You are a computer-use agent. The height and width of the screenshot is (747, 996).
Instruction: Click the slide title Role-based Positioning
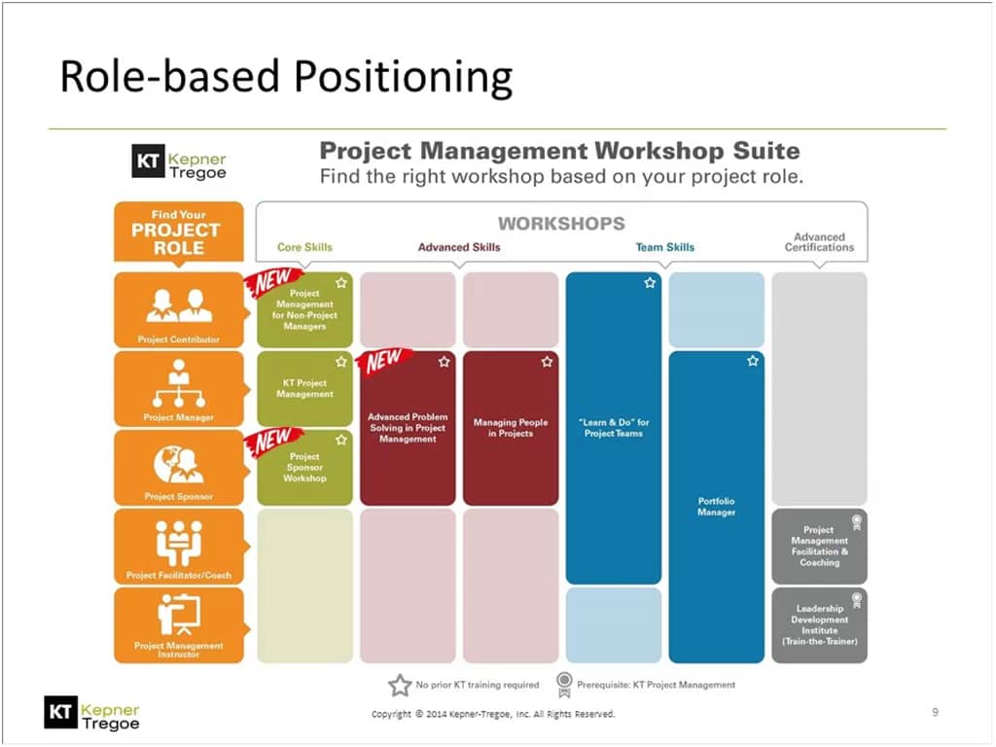pyautogui.click(x=285, y=78)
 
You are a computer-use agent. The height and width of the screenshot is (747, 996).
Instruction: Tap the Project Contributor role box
pyautogui.click(x=179, y=310)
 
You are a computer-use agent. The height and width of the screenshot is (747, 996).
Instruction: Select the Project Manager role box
pyautogui.click(x=179, y=388)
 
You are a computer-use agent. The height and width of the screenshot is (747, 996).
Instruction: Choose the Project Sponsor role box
pyautogui.click(x=179, y=467)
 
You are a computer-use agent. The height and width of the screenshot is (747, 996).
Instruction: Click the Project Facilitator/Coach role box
pyautogui.click(x=179, y=546)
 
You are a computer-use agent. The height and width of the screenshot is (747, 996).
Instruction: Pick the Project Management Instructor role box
pyautogui.click(x=179, y=624)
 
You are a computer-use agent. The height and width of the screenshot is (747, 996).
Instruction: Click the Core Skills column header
pyautogui.click(x=304, y=247)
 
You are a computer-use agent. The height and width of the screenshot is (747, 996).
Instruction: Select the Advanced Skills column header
pyautogui.click(x=459, y=247)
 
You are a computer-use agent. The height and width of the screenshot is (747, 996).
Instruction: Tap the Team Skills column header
pyautogui.click(x=665, y=247)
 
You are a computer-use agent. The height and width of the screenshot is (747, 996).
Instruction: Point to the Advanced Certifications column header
pyautogui.click(x=819, y=242)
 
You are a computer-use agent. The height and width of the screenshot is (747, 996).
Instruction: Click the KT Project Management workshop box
pyautogui.click(x=304, y=389)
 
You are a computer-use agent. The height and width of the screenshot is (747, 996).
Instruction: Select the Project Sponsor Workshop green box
pyautogui.click(x=304, y=468)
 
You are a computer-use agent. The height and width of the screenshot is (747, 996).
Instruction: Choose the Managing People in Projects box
pyautogui.click(x=511, y=428)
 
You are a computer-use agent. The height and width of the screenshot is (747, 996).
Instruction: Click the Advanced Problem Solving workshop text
pyautogui.click(x=408, y=428)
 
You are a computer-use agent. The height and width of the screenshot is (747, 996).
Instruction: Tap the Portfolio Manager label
pyautogui.click(x=717, y=507)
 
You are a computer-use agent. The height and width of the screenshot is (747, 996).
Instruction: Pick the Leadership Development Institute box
pyautogui.click(x=819, y=625)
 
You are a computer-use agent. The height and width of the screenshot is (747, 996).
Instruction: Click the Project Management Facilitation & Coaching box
pyautogui.click(x=819, y=546)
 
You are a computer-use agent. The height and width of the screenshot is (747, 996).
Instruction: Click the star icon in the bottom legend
pyautogui.click(x=400, y=685)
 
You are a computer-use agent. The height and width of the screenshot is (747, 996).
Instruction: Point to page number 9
pyautogui.click(x=935, y=713)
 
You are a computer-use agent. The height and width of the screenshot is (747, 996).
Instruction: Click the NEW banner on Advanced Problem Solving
pyautogui.click(x=384, y=361)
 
